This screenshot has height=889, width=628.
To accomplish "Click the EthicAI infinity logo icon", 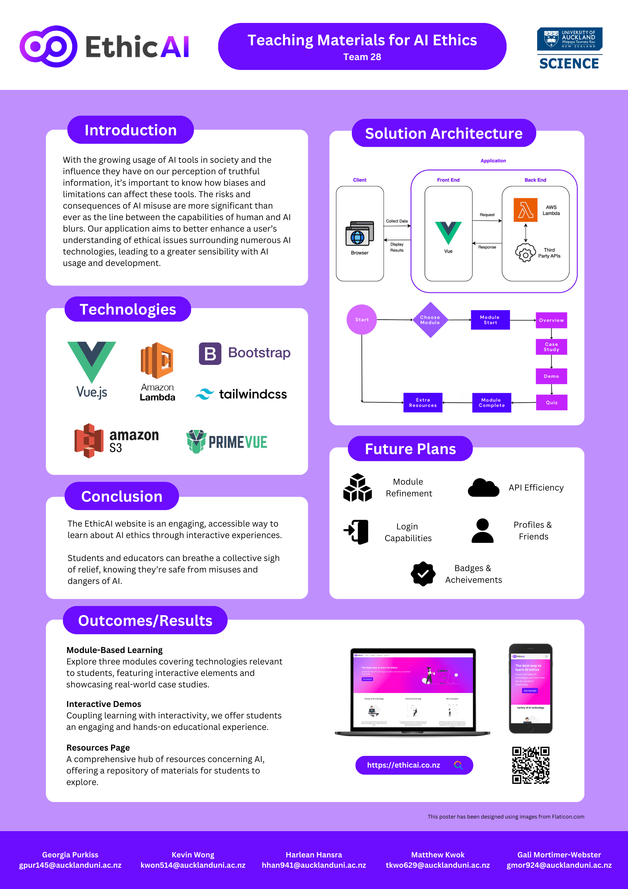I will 48,46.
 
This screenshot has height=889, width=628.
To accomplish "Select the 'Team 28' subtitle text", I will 362,57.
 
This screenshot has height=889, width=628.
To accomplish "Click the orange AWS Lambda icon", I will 525,210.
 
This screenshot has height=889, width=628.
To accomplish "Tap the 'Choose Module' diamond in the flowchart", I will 430,320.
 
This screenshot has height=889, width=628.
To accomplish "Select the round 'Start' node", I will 361,320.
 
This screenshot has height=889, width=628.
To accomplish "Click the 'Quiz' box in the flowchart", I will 551,403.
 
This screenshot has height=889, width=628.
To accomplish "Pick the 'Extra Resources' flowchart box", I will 423,403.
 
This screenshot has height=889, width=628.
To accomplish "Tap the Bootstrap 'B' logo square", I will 210,353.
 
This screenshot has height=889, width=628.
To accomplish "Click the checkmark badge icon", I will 423,574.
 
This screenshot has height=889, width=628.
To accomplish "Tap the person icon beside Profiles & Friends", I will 482,531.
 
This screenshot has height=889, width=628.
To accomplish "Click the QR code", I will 530,765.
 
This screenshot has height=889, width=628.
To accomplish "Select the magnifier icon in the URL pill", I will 458,765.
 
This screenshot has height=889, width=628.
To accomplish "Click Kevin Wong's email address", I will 193,865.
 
